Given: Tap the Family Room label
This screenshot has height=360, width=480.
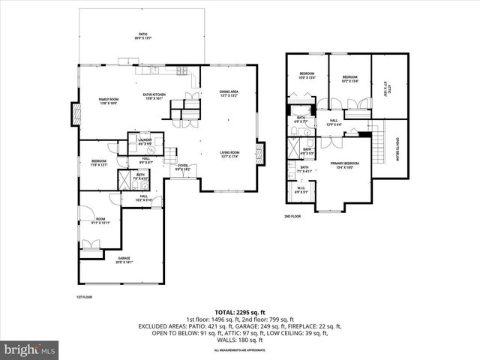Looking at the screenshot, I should point(110,101).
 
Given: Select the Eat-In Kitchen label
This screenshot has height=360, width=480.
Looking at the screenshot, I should point(154,95).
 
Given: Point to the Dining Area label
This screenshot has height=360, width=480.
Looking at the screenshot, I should point(229,94).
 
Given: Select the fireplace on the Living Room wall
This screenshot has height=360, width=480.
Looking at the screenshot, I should point(260,155).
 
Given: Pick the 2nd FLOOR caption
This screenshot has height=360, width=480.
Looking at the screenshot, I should point(292,216).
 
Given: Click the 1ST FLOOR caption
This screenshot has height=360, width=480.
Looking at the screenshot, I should point(83,296).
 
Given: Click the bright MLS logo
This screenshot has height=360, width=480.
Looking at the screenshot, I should point(30,349).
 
